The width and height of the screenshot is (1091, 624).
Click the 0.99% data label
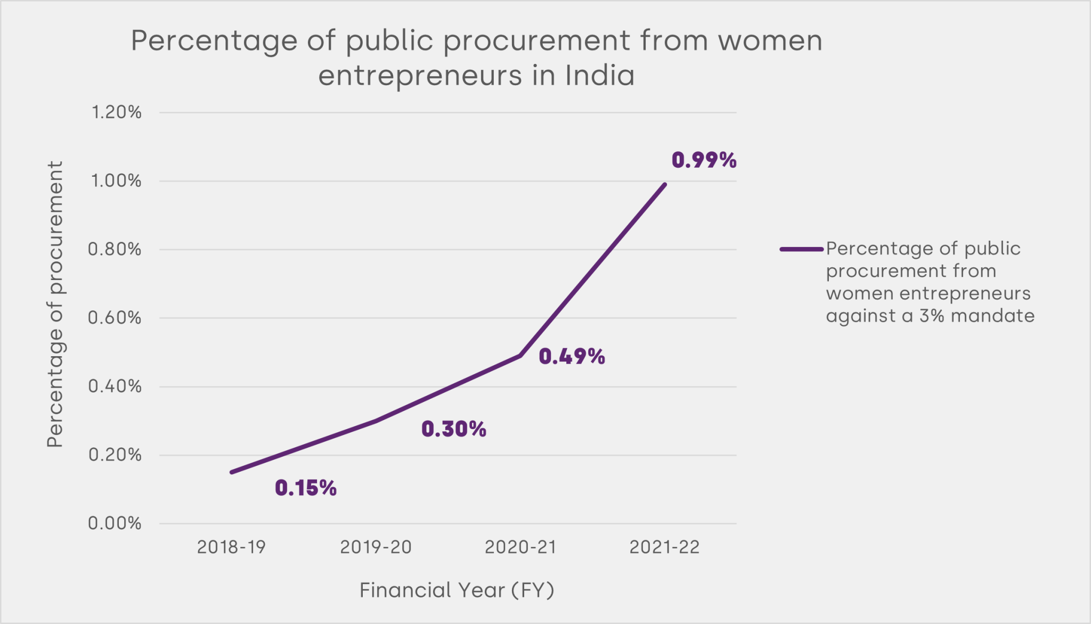coord(704,160)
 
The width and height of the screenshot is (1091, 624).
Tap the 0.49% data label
coord(572,357)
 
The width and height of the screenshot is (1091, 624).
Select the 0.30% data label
coord(453,429)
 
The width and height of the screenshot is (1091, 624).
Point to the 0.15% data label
coord(305,488)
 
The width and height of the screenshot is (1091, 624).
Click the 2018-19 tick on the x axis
coord(231,547)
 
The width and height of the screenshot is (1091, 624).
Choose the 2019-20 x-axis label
coord(376,547)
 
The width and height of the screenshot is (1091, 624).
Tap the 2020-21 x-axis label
coord(520,547)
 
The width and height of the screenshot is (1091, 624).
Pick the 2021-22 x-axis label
coord(664,547)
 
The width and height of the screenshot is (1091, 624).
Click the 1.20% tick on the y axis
coord(116,112)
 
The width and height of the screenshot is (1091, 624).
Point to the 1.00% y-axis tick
coord(116,181)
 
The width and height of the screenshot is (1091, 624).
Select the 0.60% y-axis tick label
coord(115,318)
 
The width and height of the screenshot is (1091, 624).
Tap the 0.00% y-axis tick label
coord(115,523)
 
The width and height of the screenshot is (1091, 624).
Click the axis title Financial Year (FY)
coord(457,590)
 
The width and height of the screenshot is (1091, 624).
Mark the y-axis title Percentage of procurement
coord(55,304)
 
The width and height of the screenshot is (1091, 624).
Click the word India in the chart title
coord(600,75)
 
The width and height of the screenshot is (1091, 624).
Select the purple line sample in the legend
coord(801,249)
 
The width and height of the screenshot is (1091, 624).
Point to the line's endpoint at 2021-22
coord(664,185)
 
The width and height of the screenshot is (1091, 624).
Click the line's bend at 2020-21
coord(520,356)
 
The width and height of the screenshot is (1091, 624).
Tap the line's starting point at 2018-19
coord(232,472)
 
